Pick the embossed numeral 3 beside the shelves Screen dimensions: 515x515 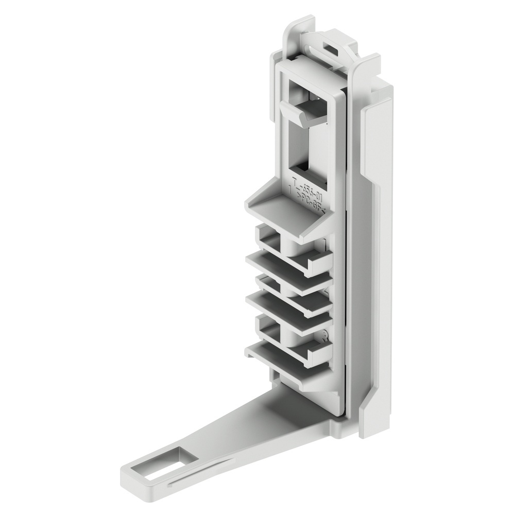point(324,337)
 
